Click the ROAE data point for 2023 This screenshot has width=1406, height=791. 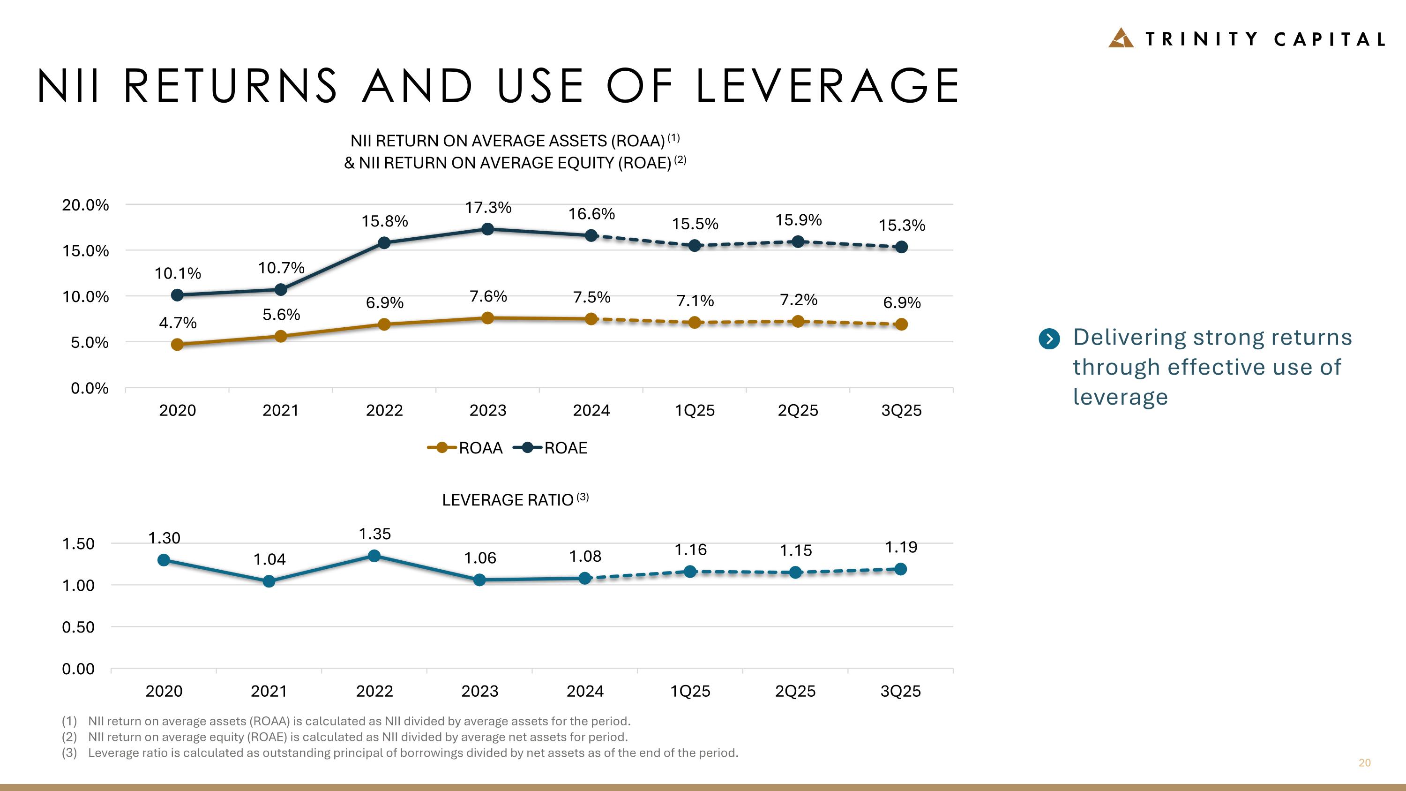pos(488,229)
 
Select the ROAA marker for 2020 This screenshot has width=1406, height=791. pos(177,345)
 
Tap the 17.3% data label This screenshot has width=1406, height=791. pos(488,207)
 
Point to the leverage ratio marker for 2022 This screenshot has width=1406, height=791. pos(374,556)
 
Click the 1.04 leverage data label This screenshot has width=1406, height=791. pos(269,559)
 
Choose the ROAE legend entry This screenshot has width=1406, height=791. pos(551,448)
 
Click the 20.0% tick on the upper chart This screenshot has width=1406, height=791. pos(85,205)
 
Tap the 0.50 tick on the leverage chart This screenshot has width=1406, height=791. pos(78,627)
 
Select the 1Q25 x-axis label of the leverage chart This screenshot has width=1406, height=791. pos(690,692)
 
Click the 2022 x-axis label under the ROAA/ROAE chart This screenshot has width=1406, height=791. pos(384,411)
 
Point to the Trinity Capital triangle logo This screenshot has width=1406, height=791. pos(1121,38)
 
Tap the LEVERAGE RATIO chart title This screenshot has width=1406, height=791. pos(508,500)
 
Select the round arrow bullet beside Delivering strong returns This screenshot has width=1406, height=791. pos(1049,339)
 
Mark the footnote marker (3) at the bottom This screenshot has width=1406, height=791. pos(69,753)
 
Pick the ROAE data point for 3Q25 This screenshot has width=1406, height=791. pos(902,247)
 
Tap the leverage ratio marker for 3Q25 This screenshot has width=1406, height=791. pos(901,569)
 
